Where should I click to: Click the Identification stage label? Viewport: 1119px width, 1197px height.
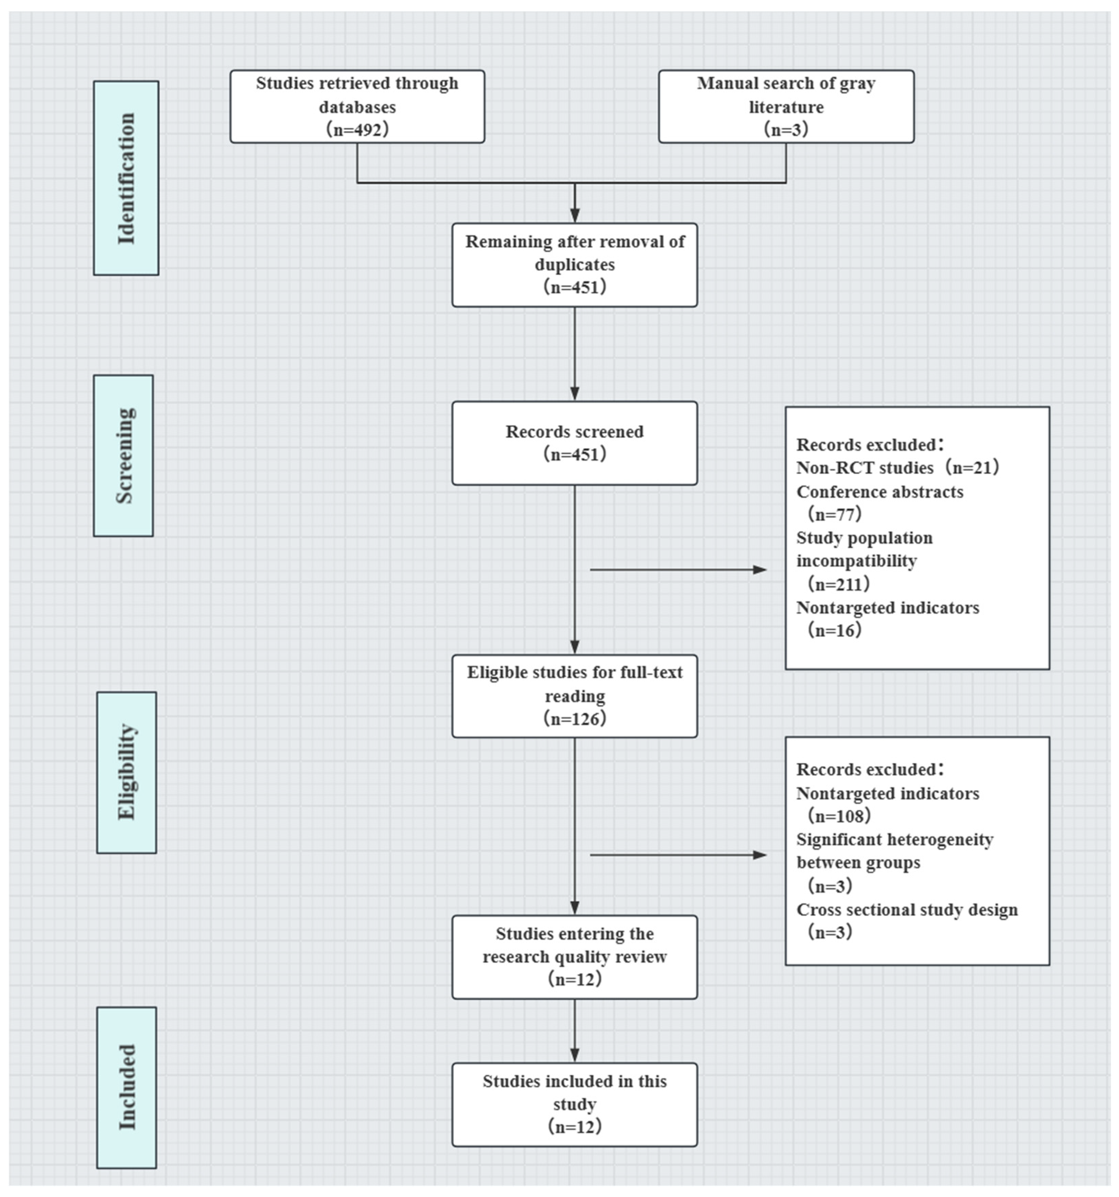point(126,178)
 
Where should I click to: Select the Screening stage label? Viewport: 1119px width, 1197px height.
point(123,455)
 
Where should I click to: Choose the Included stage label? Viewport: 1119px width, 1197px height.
point(126,1087)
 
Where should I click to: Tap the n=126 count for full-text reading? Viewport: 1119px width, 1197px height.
point(574,718)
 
